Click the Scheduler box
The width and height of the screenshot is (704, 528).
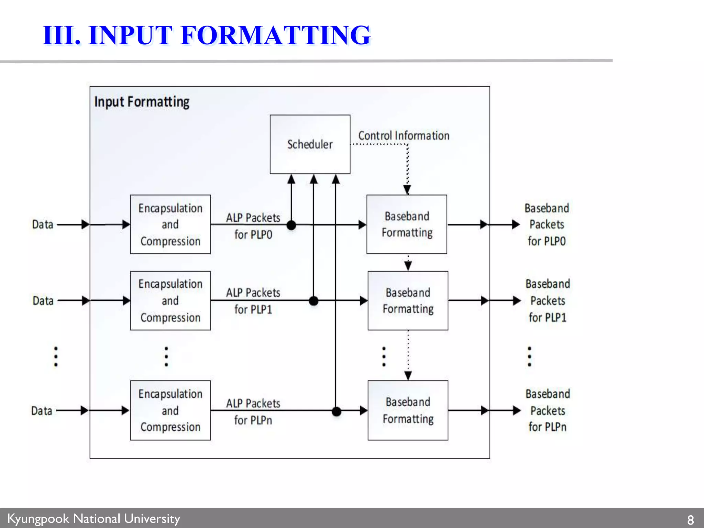310,144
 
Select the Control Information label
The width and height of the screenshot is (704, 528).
404,135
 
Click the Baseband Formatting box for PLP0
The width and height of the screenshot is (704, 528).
407,224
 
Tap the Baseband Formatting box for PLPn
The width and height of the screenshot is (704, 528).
408,410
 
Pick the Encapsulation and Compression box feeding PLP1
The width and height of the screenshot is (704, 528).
170,300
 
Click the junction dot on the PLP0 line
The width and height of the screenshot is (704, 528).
291,225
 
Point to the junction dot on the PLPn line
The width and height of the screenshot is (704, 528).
336,411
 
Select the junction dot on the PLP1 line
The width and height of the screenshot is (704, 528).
313,301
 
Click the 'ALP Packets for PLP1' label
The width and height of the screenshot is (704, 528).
253,301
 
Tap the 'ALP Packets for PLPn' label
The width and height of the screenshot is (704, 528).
253,411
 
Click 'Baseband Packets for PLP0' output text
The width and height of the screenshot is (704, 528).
547,224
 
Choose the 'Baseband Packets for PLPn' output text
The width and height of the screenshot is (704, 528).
548,410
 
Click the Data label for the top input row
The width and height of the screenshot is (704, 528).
43,224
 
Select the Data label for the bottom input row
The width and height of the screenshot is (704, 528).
42,411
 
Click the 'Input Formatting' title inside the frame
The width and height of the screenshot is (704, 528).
142,102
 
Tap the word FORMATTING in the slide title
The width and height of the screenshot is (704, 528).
275,35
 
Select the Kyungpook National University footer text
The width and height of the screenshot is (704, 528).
93,518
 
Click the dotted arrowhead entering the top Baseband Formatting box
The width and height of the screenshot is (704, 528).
407,190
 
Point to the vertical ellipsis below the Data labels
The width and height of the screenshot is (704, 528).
56,356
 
